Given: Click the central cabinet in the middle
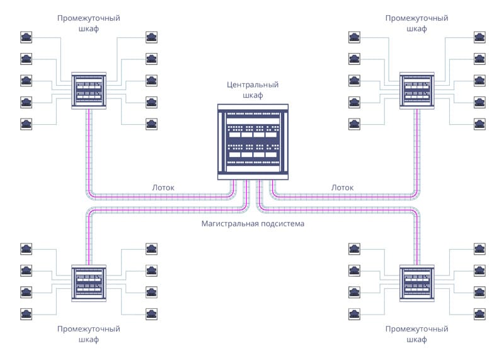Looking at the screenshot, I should click(x=252, y=142).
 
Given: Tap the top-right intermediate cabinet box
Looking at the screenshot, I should click(x=417, y=91).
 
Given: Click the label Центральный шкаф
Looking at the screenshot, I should click(x=252, y=90).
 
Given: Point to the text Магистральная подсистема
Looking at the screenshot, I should click(x=252, y=224).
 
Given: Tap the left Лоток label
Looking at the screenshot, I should click(x=163, y=187).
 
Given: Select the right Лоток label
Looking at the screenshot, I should click(x=342, y=187).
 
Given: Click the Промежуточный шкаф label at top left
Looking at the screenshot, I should click(x=88, y=23).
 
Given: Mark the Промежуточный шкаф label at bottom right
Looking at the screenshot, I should click(x=416, y=334).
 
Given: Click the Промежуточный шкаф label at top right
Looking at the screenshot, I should click(x=416, y=23).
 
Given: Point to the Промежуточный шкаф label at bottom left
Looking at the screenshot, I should click(x=88, y=334).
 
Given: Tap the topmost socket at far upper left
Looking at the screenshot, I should click(x=26, y=37).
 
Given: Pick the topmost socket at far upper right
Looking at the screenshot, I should click(x=480, y=37).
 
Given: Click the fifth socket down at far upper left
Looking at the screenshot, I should click(x=26, y=122).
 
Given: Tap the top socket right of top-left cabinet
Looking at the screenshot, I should click(x=151, y=37).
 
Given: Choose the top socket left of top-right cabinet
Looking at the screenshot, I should click(x=355, y=37).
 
